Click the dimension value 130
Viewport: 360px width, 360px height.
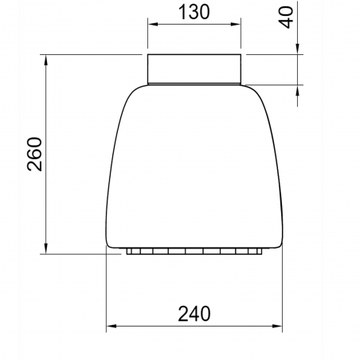click(194, 12)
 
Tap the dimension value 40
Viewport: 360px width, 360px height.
click(286, 18)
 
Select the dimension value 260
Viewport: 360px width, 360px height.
click(35, 154)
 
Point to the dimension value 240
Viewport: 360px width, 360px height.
click(194, 314)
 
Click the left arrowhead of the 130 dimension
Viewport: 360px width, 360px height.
click(153, 24)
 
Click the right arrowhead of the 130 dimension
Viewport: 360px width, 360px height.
click(236, 24)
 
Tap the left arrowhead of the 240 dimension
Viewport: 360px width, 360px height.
click(112, 326)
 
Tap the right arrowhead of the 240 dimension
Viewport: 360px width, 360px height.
click(277, 326)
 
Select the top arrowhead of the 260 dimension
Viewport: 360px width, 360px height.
click(46, 60)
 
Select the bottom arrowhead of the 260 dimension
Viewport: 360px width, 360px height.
click(46, 248)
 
